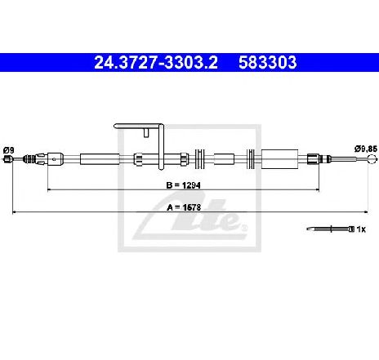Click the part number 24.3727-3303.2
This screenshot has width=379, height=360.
(x=156, y=62)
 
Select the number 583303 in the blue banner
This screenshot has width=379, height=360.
(x=268, y=62)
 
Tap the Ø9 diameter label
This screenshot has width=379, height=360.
(x=9, y=150)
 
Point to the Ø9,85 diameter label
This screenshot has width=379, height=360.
(x=366, y=149)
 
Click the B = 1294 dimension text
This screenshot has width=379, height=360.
(x=184, y=185)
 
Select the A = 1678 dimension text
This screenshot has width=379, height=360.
(x=184, y=207)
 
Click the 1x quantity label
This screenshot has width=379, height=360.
(x=361, y=229)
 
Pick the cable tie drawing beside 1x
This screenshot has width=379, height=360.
(x=331, y=229)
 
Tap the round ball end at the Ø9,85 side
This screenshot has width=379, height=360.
(x=372, y=158)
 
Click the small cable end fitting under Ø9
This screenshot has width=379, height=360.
(x=8, y=159)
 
